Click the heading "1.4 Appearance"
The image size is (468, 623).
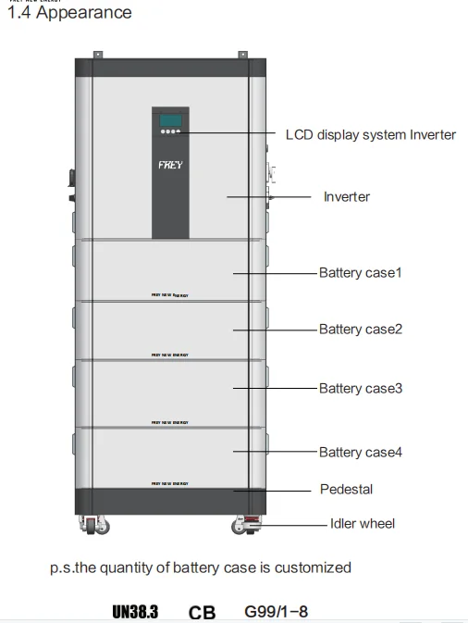[69, 13]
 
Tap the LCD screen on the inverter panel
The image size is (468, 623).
[169, 119]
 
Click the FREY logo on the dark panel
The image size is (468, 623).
[170, 165]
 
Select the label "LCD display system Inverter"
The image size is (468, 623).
[370, 134]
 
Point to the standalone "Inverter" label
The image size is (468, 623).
[346, 197]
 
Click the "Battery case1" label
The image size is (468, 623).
[361, 273]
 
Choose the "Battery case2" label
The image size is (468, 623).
[361, 329]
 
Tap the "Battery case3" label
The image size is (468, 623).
[361, 389]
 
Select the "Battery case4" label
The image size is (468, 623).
[361, 452]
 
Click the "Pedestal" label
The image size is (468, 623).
[346, 489]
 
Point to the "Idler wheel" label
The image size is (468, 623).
[363, 523]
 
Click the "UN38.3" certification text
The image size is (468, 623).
[135, 612]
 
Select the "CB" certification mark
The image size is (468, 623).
[202, 613]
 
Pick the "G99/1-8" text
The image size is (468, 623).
[276, 612]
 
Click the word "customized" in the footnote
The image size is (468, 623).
[313, 567]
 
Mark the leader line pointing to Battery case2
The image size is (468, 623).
[274, 329]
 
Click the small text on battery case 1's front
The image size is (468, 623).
[169, 295]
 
